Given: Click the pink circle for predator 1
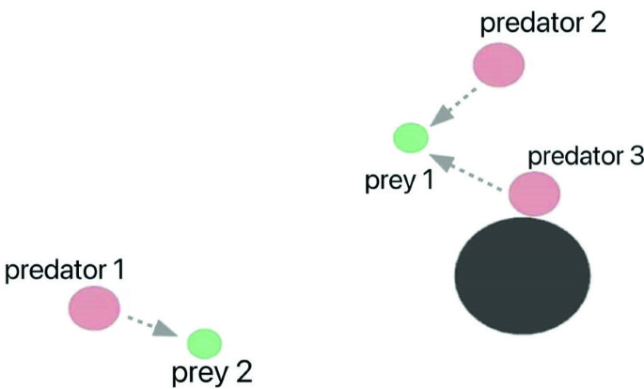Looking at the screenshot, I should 94,308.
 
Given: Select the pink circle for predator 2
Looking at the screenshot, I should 497,65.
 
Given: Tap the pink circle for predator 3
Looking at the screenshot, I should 534,194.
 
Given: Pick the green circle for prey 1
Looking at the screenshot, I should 410,138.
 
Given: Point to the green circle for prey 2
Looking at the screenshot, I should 203,340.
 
